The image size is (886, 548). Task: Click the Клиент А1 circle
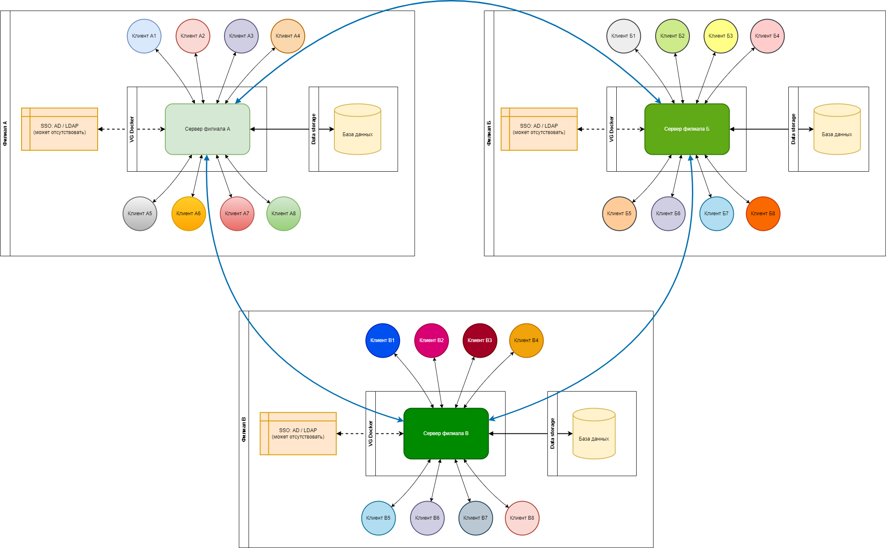(144, 36)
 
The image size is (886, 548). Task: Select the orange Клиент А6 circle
(189, 214)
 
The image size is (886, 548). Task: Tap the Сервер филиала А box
(208, 129)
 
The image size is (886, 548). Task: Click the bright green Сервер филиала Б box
(687, 129)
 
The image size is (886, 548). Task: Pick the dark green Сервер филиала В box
(446, 433)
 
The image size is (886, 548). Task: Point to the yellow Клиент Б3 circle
(721, 36)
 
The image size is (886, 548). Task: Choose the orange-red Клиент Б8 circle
(763, 214)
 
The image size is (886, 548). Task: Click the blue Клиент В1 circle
(383, 340)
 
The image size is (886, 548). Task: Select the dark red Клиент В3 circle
(480, 340)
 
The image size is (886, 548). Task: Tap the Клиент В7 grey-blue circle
(476, 518)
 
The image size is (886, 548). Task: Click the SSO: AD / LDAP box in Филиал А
(60, 129)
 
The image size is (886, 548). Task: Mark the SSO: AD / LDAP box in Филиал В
(298, 433)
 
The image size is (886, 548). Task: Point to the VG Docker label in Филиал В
(371, 433)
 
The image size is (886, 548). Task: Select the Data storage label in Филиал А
(314, 129)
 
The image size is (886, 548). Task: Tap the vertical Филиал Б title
(489, 133)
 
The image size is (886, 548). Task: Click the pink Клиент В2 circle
(432, 340)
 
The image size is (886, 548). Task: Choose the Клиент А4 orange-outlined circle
(288, 36)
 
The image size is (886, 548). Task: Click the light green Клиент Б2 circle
(673, 36)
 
